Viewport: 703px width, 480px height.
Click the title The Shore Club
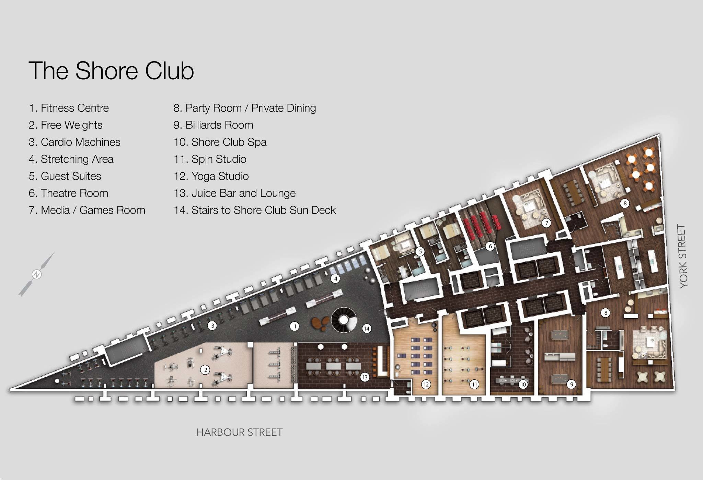coord(111,71)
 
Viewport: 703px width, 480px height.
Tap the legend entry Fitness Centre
coord(69,108)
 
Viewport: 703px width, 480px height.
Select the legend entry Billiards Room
coord(213,125)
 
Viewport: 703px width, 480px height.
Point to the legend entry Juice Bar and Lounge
coord(234,193)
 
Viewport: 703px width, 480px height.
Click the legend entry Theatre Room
coord(68,193)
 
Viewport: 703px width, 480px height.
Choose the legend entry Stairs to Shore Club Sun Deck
coord(254,210)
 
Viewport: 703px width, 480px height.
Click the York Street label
coord(683,256)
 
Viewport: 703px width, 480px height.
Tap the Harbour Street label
coord(240,432)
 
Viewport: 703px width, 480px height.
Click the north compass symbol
coord(36,274)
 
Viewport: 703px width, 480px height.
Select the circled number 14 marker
coord(367,329)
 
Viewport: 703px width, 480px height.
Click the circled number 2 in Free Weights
coord(205,370)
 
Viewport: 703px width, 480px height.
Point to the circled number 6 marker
coord(490,246)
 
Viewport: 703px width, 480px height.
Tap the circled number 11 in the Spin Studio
coord(474,384)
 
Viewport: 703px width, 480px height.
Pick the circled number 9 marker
coord(572,384)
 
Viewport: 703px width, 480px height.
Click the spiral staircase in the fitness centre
coord(344,320)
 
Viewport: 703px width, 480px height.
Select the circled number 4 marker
coord(335,278)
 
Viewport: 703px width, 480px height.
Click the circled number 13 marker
coord(365,377)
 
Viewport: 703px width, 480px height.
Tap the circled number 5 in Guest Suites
coord(420,252)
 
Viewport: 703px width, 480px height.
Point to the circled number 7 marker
coord(546,223)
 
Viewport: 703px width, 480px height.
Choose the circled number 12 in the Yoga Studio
coord(426,384)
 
